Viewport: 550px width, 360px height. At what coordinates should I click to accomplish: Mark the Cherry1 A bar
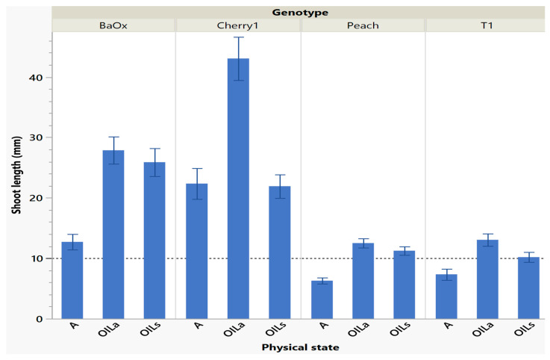tap(197, 251)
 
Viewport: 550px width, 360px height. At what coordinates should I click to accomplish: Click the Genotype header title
tap(301, 12)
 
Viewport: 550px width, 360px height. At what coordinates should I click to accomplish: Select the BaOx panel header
tap(113, 25)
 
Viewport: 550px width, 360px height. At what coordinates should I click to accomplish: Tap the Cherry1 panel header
tap(238, 25)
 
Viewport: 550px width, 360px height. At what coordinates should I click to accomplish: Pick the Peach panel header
tap(363, 25)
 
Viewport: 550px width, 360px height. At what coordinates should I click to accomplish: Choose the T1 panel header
tap(487, 25)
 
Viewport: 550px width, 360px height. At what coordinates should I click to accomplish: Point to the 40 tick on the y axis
tap(37, 77)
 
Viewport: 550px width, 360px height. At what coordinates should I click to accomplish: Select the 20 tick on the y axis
tap(37, 198)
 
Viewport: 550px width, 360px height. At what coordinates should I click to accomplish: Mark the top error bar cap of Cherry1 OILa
tap(238, 37)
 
